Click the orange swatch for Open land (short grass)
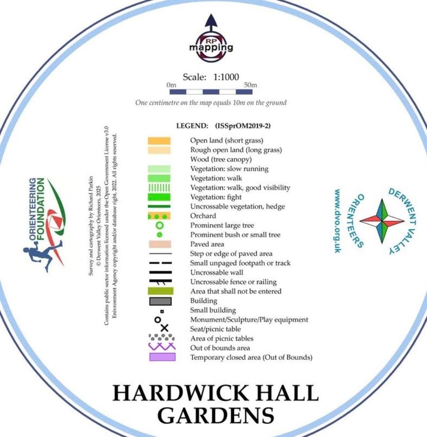coord(159,141)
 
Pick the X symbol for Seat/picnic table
coord(164,328)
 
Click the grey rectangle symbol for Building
coord(160,301)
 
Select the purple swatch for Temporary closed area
coord(162,357)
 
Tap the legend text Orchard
coord(203,216)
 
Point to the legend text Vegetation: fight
coord(216,197)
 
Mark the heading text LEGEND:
coord(192,126)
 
